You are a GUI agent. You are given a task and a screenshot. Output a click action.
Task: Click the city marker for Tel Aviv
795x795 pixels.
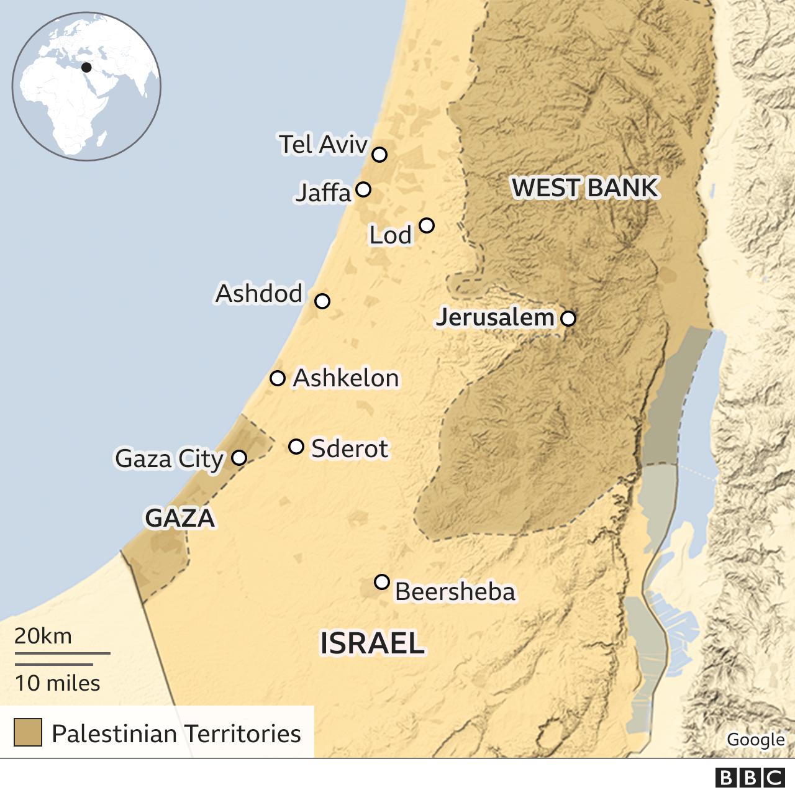(379, 154)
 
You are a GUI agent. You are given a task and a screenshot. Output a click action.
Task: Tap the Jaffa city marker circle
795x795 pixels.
(363, 189)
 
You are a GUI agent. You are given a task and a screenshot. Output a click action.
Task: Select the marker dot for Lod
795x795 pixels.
(426, 225)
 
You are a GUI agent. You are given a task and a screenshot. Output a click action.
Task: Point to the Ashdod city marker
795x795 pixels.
(322, 301)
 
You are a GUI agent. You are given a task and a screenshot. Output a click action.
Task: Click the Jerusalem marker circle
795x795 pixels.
(568, 319)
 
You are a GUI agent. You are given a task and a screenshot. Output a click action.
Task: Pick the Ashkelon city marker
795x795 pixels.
(278, 378)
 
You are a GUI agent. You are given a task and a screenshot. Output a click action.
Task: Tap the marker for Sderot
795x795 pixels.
(296, 447)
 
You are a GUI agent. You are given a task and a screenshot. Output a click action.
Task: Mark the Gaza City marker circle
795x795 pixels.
(239, 458)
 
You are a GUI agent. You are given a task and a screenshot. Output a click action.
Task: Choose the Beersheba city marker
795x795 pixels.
(382, 582)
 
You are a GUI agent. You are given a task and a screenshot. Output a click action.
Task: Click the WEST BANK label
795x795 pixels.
(584, 188)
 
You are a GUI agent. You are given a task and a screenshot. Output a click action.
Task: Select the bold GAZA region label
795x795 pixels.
(179, 518)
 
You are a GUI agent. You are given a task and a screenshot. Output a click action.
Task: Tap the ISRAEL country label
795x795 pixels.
(372, 643)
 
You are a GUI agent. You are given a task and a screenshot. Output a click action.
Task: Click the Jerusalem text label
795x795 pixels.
(495, 317)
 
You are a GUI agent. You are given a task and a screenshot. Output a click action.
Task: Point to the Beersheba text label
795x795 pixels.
(455, 592)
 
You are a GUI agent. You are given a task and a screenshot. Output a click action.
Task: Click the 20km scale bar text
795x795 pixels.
(43, 636)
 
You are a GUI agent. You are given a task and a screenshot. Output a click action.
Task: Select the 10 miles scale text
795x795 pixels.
(57, 683)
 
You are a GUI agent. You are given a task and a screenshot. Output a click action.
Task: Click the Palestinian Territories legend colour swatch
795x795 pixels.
(28, 732)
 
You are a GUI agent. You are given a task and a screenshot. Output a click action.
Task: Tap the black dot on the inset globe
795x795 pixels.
(86, 67)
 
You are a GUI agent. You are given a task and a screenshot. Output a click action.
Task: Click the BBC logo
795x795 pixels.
(750, 778)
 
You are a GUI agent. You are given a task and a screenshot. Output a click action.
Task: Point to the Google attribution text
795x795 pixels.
(755, 740)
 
